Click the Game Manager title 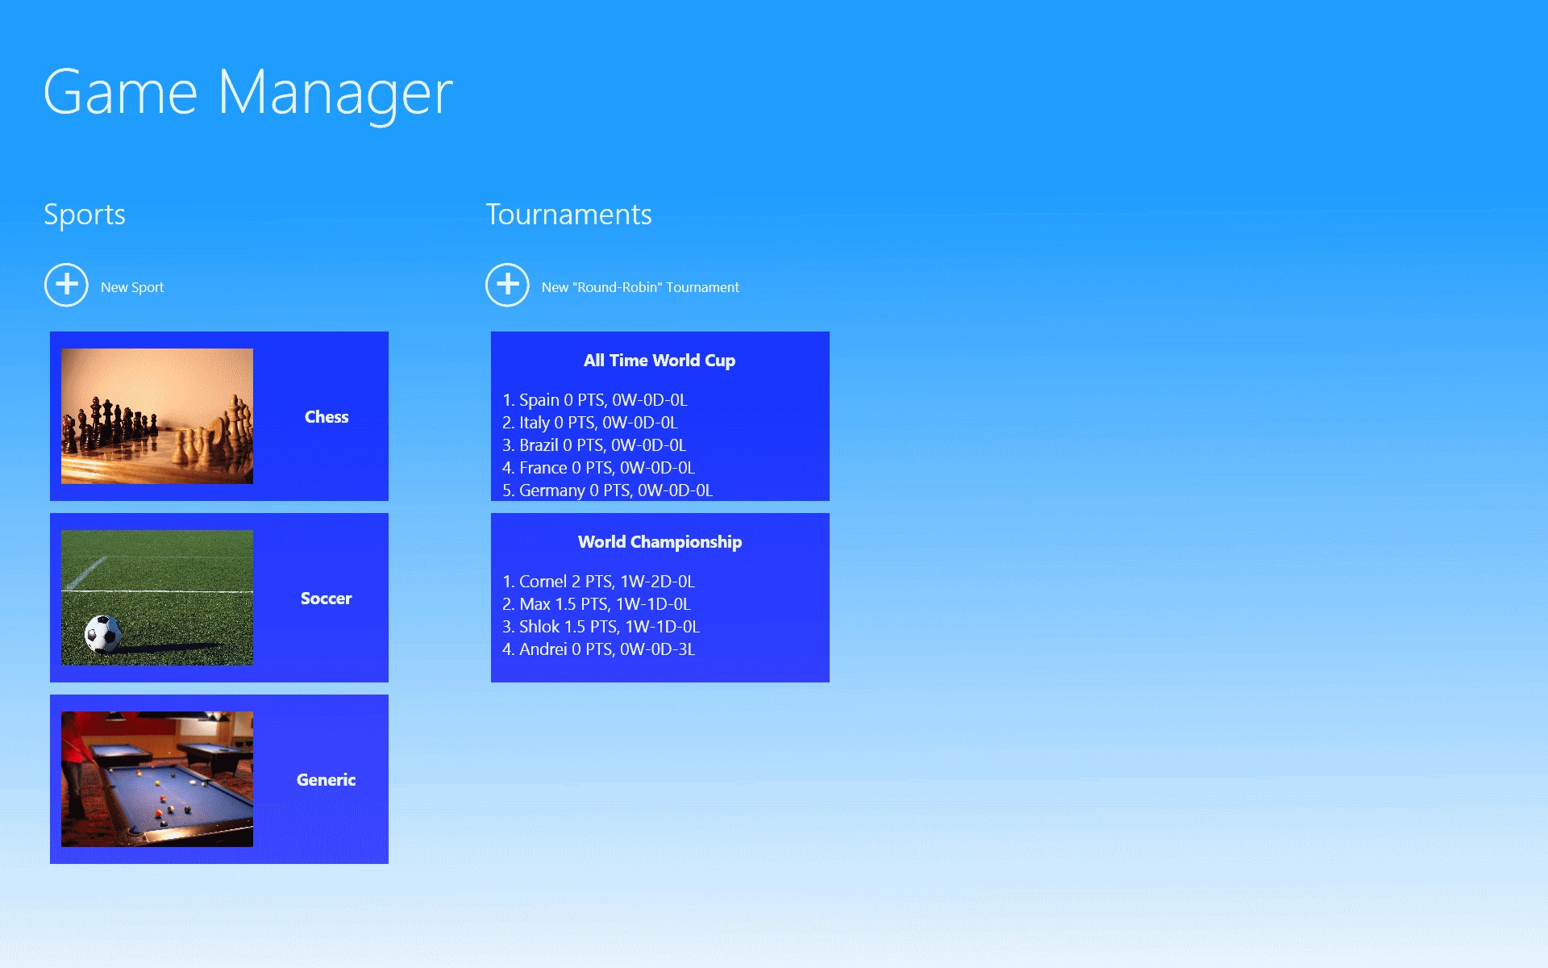click(248, 94)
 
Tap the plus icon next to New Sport click(66, 285)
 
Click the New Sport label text click(132, 287)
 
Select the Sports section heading click(85, 215)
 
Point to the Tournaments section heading click(568, 215)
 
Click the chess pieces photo click(157, 416)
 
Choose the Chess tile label click(327, 417)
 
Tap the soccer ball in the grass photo click(103, 634)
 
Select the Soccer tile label click(327, 599)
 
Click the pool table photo click(157, 779)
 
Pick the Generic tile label click(327, 780)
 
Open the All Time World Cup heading click(660, 361)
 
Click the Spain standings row click(595, 400)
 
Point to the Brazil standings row click(594, 445)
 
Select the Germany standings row click(608, 490)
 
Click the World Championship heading click(660, 542)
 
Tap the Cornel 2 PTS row click(598, 582)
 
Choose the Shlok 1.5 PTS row click(601, 627)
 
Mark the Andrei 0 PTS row click(598, 649)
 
